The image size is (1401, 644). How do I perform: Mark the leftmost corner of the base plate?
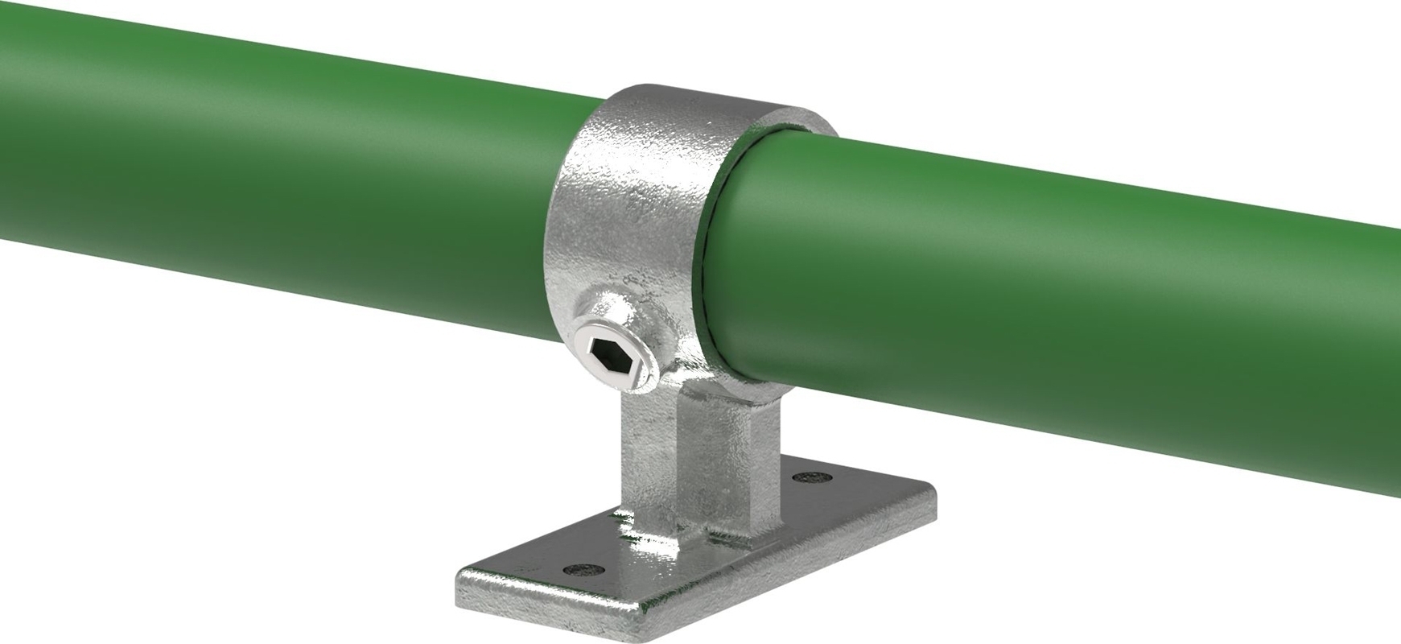(459, 578)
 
